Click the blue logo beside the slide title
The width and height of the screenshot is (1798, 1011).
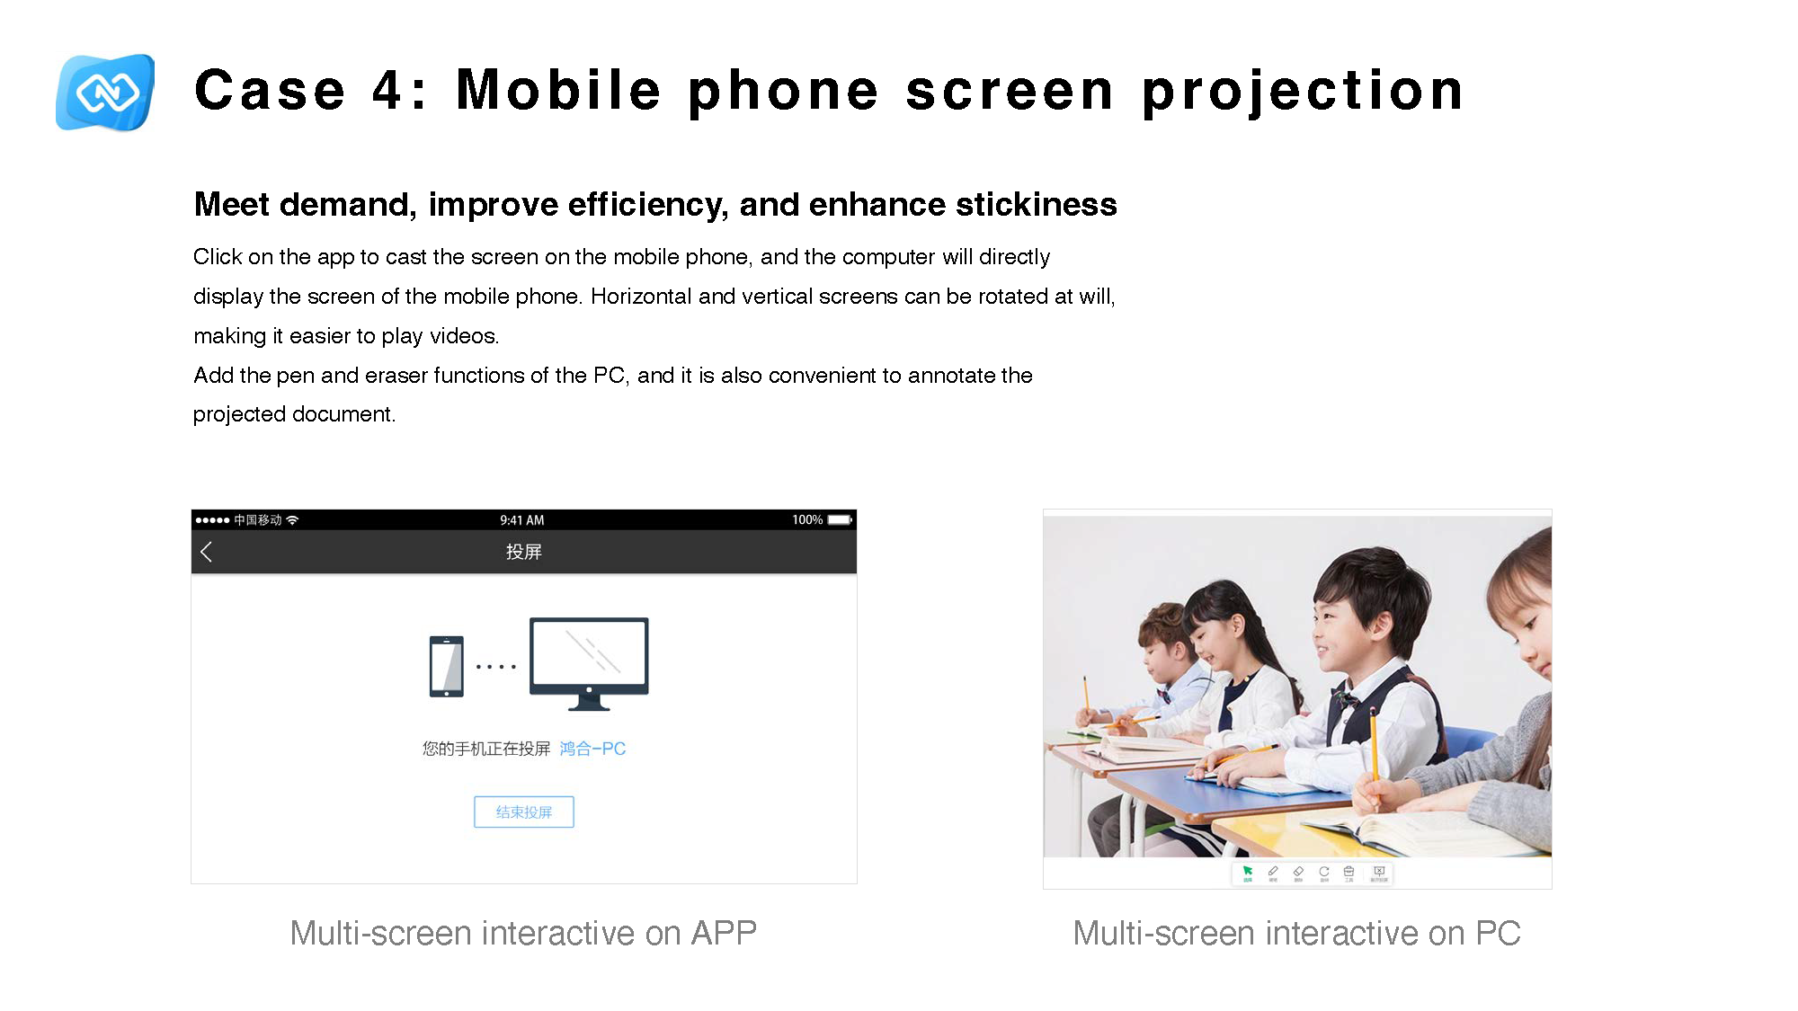click(105, 92)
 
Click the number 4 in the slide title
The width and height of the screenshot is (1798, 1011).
click(388, 91)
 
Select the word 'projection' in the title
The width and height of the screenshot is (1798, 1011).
click(1303, 91)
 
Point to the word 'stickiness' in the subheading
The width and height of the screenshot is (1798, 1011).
click(1036, 205)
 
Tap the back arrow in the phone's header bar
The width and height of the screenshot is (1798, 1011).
click(206, 552)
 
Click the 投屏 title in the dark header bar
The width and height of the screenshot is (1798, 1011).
click(523, 552)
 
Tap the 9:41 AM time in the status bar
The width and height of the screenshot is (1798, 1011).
click(521, 520)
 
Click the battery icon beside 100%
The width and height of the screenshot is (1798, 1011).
click(840, 520)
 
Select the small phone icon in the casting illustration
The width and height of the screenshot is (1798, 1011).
click(447, 666)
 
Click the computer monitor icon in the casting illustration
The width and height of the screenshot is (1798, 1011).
click(589, 662)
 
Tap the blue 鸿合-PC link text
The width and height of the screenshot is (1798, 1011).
click(592, 749)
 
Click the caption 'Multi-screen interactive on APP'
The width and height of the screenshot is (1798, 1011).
click(523, 933)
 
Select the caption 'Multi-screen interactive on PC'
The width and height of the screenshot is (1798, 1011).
click(1296, 933)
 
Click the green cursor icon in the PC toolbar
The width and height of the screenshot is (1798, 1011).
click(1247, 871)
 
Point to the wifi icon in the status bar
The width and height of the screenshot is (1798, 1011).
click(292, 520)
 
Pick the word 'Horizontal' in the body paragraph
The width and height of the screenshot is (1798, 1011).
click(641, 297)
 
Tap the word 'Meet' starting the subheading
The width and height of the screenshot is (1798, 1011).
click(231, 205)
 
